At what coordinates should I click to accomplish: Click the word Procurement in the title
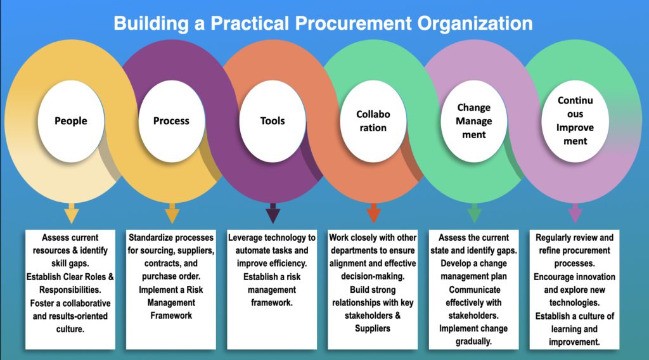(x=353, y=23)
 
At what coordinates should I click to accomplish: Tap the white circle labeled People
(x=71, y=121)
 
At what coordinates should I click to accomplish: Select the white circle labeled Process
(x=171, y=121)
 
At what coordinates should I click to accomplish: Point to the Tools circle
(x=273, y=121)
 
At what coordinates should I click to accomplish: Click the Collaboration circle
(x=373, y=121)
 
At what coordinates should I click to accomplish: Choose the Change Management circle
(x=474, y=121)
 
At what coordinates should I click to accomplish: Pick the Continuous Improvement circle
(x=575, y=121)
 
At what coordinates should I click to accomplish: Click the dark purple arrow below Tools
(x=273, y=213)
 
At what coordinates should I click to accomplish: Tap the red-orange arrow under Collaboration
(x=374, y=213)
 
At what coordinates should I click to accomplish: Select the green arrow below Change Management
(x=474, y=213)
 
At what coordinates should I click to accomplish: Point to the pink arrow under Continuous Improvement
(x=575, y=213)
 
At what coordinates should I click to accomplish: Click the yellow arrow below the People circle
(x=72, y=213)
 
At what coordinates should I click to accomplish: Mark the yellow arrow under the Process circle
(x=172, y=213)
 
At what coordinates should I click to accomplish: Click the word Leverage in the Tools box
(x=247, y=238)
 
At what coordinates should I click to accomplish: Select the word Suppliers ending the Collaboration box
(x=373, y=328)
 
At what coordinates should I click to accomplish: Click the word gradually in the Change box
(x=474, y=342)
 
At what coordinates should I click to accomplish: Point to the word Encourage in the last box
(x=553, y=277)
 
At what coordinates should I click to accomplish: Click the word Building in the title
(x=151, y=23)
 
